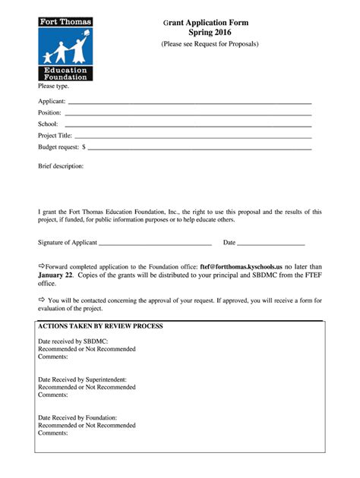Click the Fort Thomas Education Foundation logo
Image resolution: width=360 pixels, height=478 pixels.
click(65, 49)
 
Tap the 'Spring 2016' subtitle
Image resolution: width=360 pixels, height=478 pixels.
click(210, 33)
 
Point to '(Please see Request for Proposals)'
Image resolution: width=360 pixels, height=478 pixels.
click(210, 44)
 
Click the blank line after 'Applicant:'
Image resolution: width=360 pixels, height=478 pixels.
click(190, 102)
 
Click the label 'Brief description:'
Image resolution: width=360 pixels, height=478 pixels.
click(61, 165)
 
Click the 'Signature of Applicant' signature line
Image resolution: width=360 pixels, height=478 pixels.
click(155, 244)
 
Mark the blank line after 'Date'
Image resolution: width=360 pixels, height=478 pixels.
click(271, 244)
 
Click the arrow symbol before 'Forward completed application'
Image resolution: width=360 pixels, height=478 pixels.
click(42, 267)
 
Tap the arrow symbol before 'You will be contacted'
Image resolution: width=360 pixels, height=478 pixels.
click(42, 300)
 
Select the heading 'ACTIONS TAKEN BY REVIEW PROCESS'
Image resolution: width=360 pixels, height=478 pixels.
click(100, 325)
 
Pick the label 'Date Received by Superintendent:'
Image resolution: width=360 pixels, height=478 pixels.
click(82, 379)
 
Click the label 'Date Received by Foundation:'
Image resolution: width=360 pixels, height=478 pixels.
click(77, 417)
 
